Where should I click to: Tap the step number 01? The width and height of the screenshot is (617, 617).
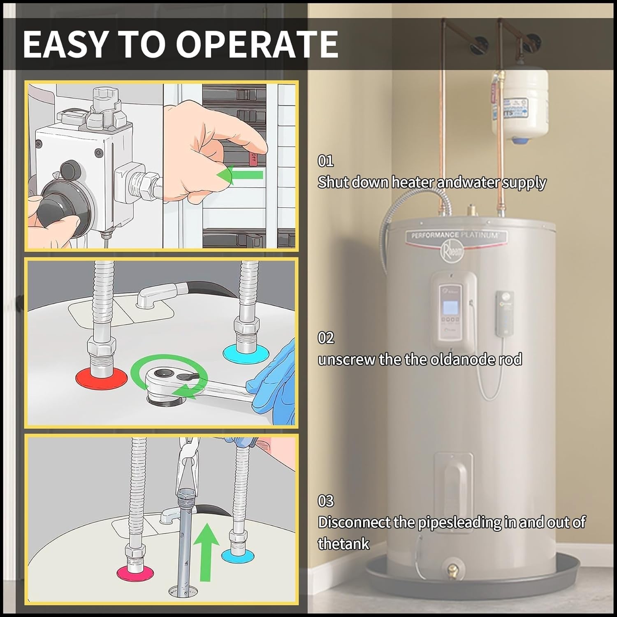(x=325, y=161)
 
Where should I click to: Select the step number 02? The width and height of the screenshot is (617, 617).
(x=326, y=338)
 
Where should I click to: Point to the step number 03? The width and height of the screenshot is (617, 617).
(x=326, y=501)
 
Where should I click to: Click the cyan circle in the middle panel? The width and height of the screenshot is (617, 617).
(x=246, y=353)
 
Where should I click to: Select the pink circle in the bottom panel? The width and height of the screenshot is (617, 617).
(x=135, y=572)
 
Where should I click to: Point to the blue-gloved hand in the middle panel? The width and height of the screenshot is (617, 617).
(x=271, y=387)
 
